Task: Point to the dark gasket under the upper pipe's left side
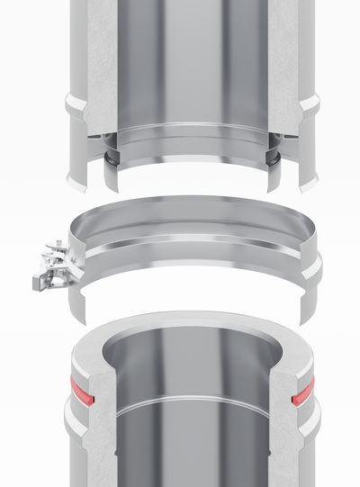click(x=107, y=157)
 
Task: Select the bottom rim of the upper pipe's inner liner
click(x=189, y=171)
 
